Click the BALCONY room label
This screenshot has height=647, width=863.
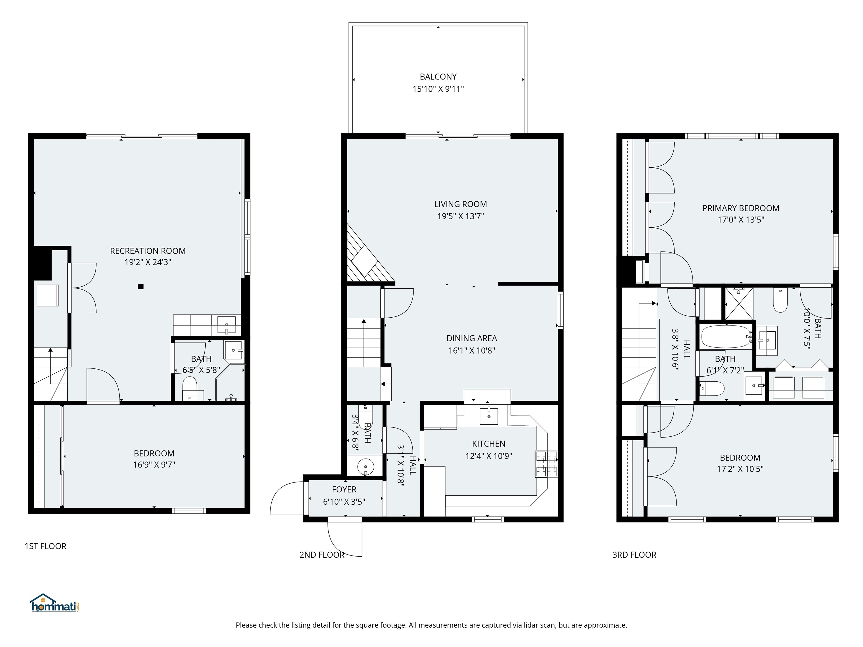tap(438, 77)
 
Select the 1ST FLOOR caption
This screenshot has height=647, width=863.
tap(46, 546)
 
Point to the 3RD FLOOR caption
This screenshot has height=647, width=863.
tap(634, 555)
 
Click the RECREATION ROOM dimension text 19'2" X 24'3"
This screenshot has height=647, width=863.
tap(148, 262)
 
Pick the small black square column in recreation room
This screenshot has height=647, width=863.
tap(141, 287)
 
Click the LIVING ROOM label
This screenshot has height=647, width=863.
tap(460, 204)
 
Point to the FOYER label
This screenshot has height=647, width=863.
tap(344, 489)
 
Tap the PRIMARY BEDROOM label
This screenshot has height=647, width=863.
tap(741, 208)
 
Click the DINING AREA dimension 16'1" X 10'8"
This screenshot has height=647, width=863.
tap(472, 350)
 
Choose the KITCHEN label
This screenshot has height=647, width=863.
tap(489, 443)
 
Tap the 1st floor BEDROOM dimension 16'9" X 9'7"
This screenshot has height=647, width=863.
tap(154, 464)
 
